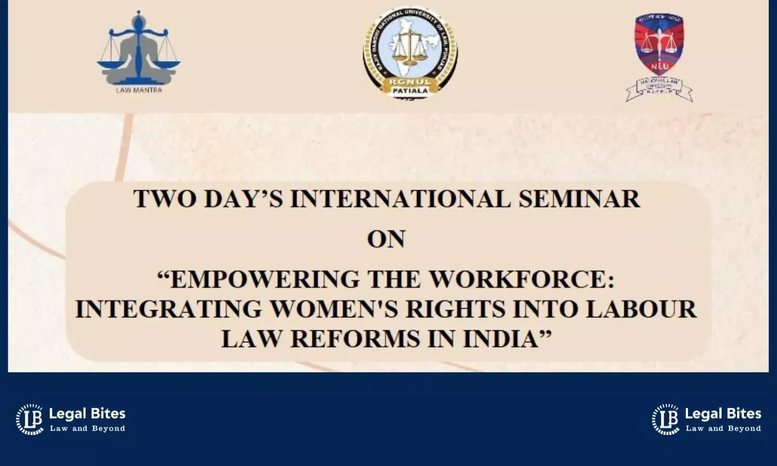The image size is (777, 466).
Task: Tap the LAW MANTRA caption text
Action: (139, 90)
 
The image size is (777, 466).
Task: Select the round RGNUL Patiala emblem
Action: (410, 52)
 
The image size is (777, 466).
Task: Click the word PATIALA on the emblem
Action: (410, 90)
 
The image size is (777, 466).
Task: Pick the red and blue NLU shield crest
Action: (659, 44)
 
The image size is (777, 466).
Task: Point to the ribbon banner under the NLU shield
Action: (659, 89)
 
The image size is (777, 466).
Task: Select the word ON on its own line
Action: (386, 239)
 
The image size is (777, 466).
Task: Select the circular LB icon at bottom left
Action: (30, 419)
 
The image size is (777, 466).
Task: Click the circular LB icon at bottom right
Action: (666, 419)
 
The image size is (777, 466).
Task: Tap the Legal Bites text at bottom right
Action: (723, 414)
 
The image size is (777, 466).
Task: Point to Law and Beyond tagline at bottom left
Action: (88, 429)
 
